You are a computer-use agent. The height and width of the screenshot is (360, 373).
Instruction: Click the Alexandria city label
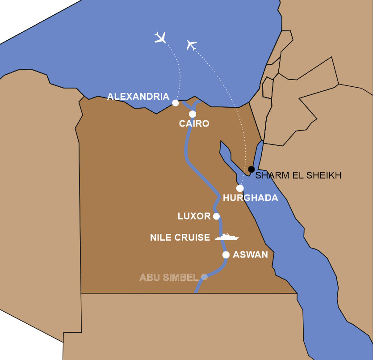click(x=138, y=97)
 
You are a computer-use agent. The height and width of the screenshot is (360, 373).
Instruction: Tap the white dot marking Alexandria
click(x=176, y=103)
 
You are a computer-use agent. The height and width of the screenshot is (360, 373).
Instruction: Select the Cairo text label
click(x=194, y=123)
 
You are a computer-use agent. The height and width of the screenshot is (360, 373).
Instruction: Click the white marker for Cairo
click(x=193, y=114)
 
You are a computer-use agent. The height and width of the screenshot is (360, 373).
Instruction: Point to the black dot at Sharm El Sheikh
click(x=251, y=169)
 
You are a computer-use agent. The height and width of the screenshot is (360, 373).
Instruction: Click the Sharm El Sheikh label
click(x=298, y=175)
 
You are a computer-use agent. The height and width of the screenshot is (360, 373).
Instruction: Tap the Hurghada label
click(x=250, y=198)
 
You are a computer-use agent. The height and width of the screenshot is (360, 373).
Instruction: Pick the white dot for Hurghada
click(x=240, y=188)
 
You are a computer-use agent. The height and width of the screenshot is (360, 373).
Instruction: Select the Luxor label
click(x=194, y=216)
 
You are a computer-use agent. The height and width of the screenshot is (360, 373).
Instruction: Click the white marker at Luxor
click(x=217, y=216)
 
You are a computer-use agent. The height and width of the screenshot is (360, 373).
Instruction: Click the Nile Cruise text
click(x=180, y=237)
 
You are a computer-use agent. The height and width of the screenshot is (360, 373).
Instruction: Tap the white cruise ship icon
click(x=226, y=237)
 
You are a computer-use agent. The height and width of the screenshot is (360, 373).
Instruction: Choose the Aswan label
click(x=250, y=255)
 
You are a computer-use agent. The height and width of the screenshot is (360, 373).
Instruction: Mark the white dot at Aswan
click(x=226, y=255)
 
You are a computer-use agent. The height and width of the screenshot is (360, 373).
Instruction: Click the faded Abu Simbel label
click(x=168, y=277)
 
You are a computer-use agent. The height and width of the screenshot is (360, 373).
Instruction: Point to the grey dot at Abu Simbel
click(x=204, y=277)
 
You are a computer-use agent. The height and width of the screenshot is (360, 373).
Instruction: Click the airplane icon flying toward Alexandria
click(x=160, y=38)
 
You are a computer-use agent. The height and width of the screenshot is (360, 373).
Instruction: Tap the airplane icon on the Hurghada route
click(x=192, y=45)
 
